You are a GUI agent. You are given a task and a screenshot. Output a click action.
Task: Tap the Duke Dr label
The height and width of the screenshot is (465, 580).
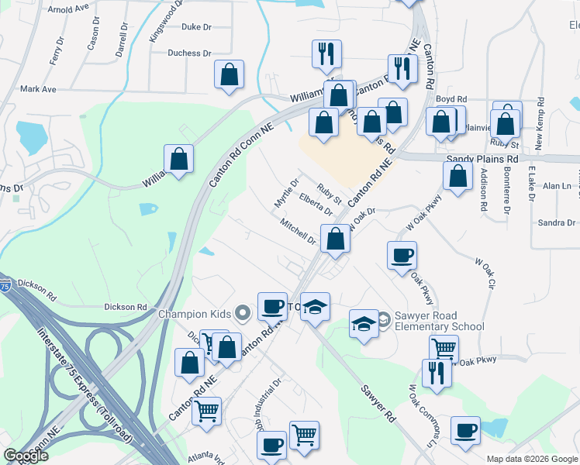point(196,27)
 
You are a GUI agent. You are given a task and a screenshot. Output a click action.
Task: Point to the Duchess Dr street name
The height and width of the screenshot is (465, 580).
point(190,53)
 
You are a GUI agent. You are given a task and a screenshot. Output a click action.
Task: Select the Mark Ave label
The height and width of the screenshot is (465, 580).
point(39,89)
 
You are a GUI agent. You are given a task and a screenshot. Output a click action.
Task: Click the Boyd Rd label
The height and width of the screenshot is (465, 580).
point(451,99)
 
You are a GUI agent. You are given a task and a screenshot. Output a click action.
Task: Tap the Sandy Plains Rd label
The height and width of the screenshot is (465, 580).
point(482,158)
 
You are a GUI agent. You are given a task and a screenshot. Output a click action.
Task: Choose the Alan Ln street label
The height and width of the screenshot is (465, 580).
point(556,186)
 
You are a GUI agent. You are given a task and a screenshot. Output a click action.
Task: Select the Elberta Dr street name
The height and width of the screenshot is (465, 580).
point(316,205)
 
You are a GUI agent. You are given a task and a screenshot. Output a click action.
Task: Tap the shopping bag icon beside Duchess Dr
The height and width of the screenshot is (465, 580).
point(229,75)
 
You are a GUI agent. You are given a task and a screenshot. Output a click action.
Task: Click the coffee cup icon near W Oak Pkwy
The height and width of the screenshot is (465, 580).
point(402,256)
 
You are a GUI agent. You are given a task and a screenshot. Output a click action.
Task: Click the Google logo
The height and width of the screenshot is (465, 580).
point(26,456)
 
